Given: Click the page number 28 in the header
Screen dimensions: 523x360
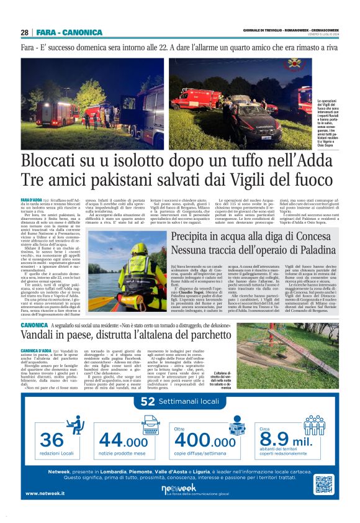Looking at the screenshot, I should point(24,32).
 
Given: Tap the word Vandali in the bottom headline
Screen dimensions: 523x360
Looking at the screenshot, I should point(43,334).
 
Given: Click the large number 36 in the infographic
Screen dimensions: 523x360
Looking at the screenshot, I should point(52,439).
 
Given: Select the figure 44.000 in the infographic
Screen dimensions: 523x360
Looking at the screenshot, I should point(123,440).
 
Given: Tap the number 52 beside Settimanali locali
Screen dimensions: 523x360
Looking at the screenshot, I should point(148,402).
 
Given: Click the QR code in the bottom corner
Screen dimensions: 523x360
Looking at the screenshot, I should point(324,484).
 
